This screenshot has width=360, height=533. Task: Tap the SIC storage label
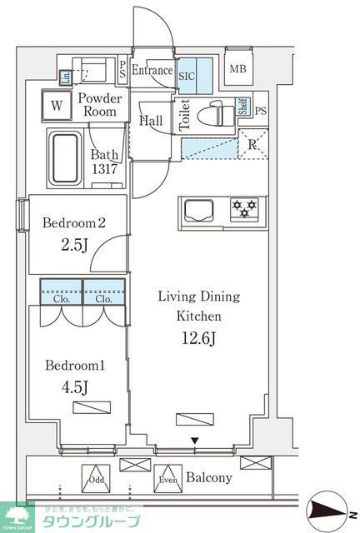pyautogui.click(x=187, y=73)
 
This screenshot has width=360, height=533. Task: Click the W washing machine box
pyautogui.click(x=57, y=106)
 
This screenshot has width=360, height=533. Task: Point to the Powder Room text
pyautogui.click(x=101, y=105)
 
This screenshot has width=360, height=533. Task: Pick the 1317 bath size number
pyautogui.click(x=105, y=171)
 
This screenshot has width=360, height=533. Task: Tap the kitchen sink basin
pyautogui.click(x=200, y=208)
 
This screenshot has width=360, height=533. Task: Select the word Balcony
pyautogui.click(x=208, y=479)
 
